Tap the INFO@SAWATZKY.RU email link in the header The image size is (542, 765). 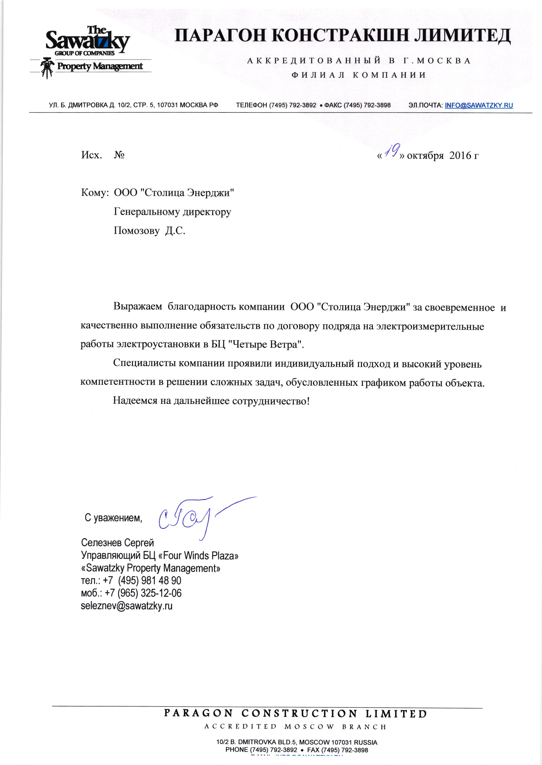pyautogui.click(x=479, y=105)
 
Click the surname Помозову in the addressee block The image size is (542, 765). pyautogui.click(x=137, y=231)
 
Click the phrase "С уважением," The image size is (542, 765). pyautogui.click(x=113, y=518)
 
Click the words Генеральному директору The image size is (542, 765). pyautogui.click(x=173, y=212)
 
